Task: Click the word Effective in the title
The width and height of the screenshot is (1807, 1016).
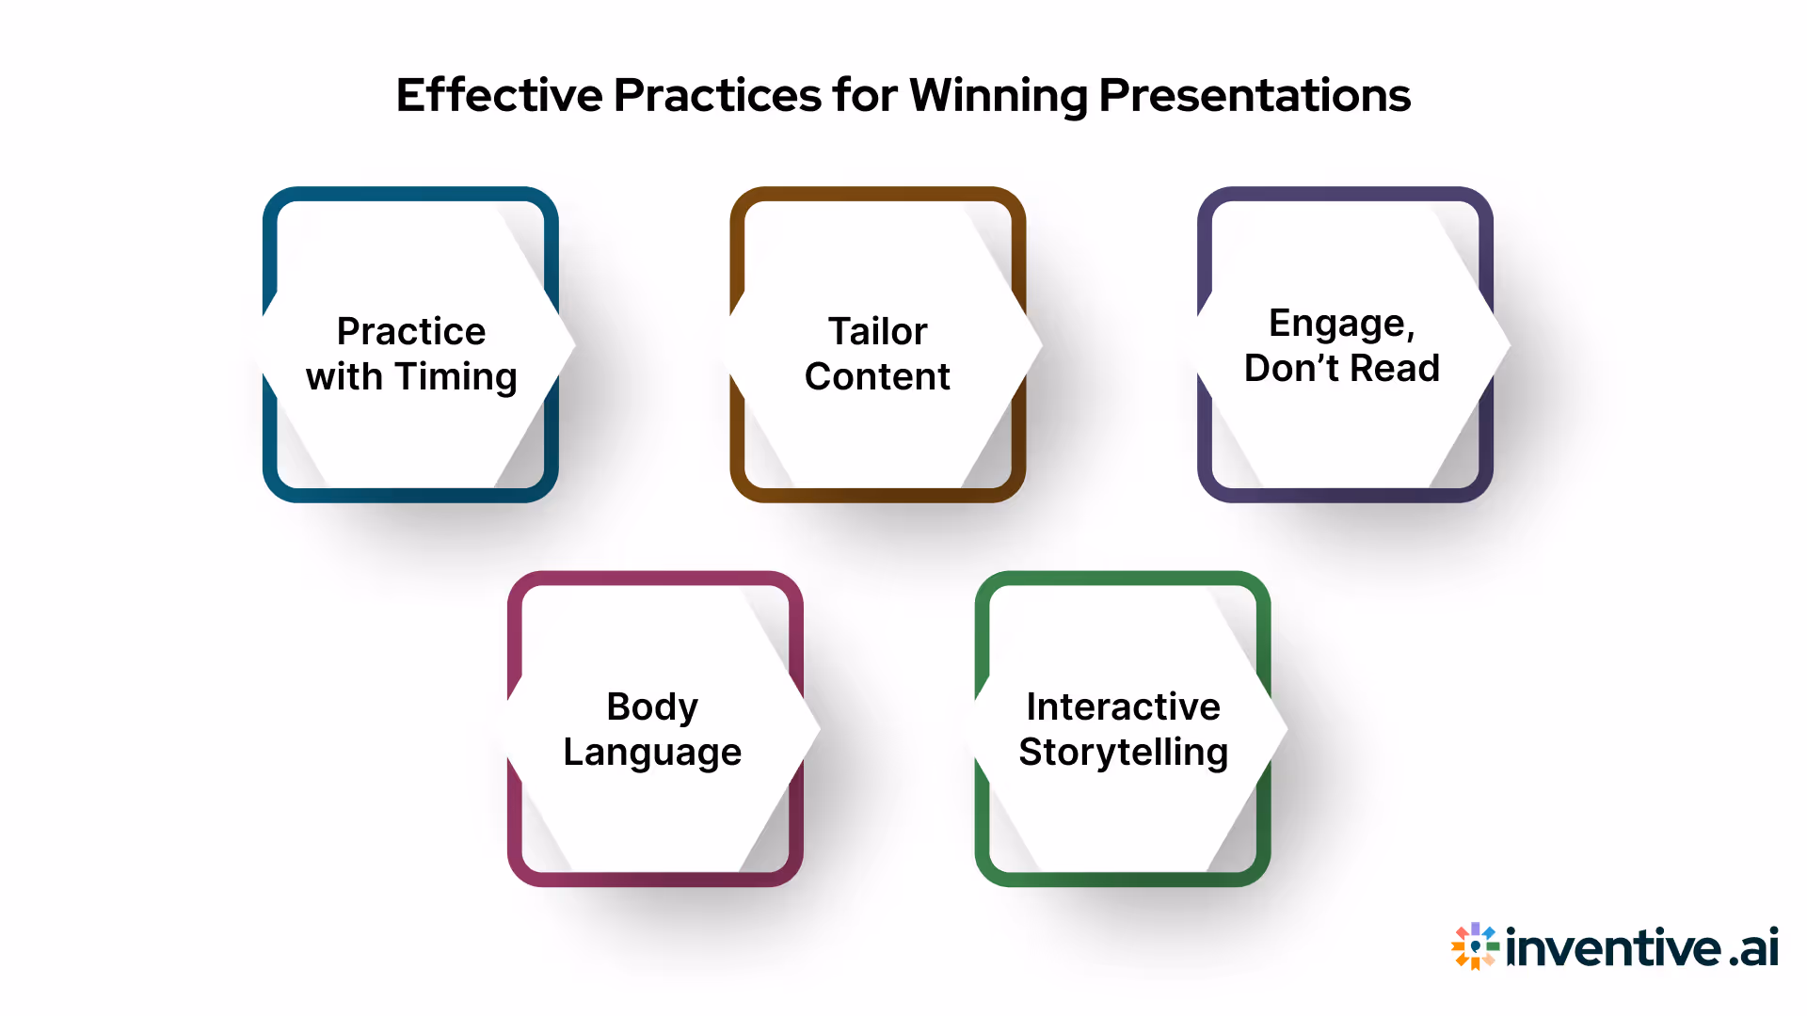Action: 499,95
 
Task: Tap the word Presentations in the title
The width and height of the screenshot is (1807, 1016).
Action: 1255,95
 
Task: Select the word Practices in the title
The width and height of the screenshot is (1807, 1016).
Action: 717,95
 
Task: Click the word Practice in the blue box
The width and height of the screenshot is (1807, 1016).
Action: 411,331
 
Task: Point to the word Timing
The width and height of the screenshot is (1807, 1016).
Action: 456,377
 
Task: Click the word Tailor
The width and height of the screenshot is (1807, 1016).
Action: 877,331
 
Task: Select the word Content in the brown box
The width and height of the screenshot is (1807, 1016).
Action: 877,376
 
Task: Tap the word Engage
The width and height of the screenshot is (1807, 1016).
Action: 1341,324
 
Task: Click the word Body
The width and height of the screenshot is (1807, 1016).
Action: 652,706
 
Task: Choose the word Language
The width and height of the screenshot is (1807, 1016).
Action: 652,753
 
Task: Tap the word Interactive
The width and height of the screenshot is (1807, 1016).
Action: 1123,706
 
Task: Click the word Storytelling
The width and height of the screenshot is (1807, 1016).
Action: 1123,753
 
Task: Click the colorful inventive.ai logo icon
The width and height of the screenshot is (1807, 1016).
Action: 1475,946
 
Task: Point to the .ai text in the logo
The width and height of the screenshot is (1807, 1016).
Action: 1753,947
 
